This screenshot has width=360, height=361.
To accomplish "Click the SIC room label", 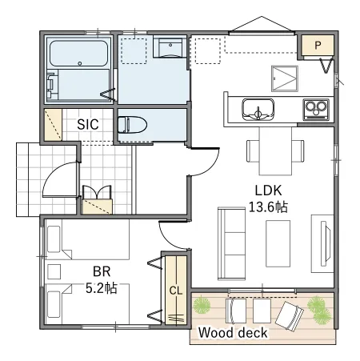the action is click(88, 124).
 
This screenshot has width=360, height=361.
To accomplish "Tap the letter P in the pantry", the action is click(318, 46).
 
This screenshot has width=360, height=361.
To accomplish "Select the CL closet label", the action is click(176, 291).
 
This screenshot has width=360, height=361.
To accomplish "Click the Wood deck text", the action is click(233, 333).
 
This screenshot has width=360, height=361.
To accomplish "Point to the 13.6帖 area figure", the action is click(268, 207).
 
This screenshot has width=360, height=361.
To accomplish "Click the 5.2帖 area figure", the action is click(102, 288).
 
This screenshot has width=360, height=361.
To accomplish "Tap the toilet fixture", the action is click(132, 124).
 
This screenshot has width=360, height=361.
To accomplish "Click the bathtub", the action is click(78, 53).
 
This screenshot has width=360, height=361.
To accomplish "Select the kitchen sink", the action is click(258, 110).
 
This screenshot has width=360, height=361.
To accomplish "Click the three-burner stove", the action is click(316, 109).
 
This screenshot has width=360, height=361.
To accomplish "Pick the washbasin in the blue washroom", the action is click(170, 47).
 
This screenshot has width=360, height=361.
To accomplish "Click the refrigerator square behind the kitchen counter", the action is click(285, 78).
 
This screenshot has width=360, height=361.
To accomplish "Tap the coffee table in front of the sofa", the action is click(278, 243).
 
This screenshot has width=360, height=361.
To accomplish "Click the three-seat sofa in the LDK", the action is click(231, 243).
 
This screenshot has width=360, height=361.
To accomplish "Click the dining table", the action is click(275, 150).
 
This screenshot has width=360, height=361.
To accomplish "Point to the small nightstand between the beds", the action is click(54, 271).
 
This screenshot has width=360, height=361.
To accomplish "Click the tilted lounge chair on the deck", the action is click(290, 315).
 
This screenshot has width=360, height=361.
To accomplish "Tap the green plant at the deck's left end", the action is click(202, 304).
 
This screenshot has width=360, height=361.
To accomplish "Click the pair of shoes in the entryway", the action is click(97, 192).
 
